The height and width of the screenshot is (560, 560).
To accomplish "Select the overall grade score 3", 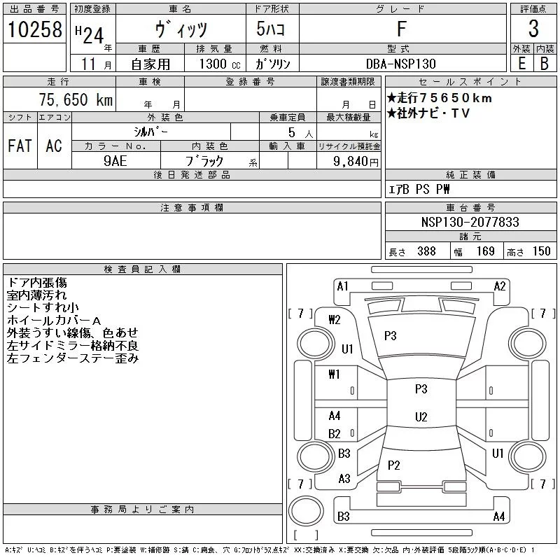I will (533, 30).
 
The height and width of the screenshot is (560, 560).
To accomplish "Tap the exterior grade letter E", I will (521, 64).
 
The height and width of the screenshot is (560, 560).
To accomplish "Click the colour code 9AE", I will (115, 161).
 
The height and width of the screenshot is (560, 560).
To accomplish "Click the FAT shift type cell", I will (20, 146).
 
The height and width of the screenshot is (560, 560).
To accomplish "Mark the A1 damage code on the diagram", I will (343, 286).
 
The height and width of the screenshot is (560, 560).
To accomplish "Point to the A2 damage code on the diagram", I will (500, 286).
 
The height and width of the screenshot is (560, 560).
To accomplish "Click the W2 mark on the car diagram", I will (334, 320).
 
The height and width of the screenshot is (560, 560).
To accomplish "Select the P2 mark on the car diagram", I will (393, 465).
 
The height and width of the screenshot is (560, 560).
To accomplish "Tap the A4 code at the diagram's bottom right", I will (499, 517).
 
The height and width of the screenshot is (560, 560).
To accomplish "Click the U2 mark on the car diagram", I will (421, 417).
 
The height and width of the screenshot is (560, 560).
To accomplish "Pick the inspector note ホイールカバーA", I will (55, 320).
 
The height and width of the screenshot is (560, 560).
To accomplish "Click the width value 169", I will (485, 251).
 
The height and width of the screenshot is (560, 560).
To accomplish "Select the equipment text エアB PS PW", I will (419, 189).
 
